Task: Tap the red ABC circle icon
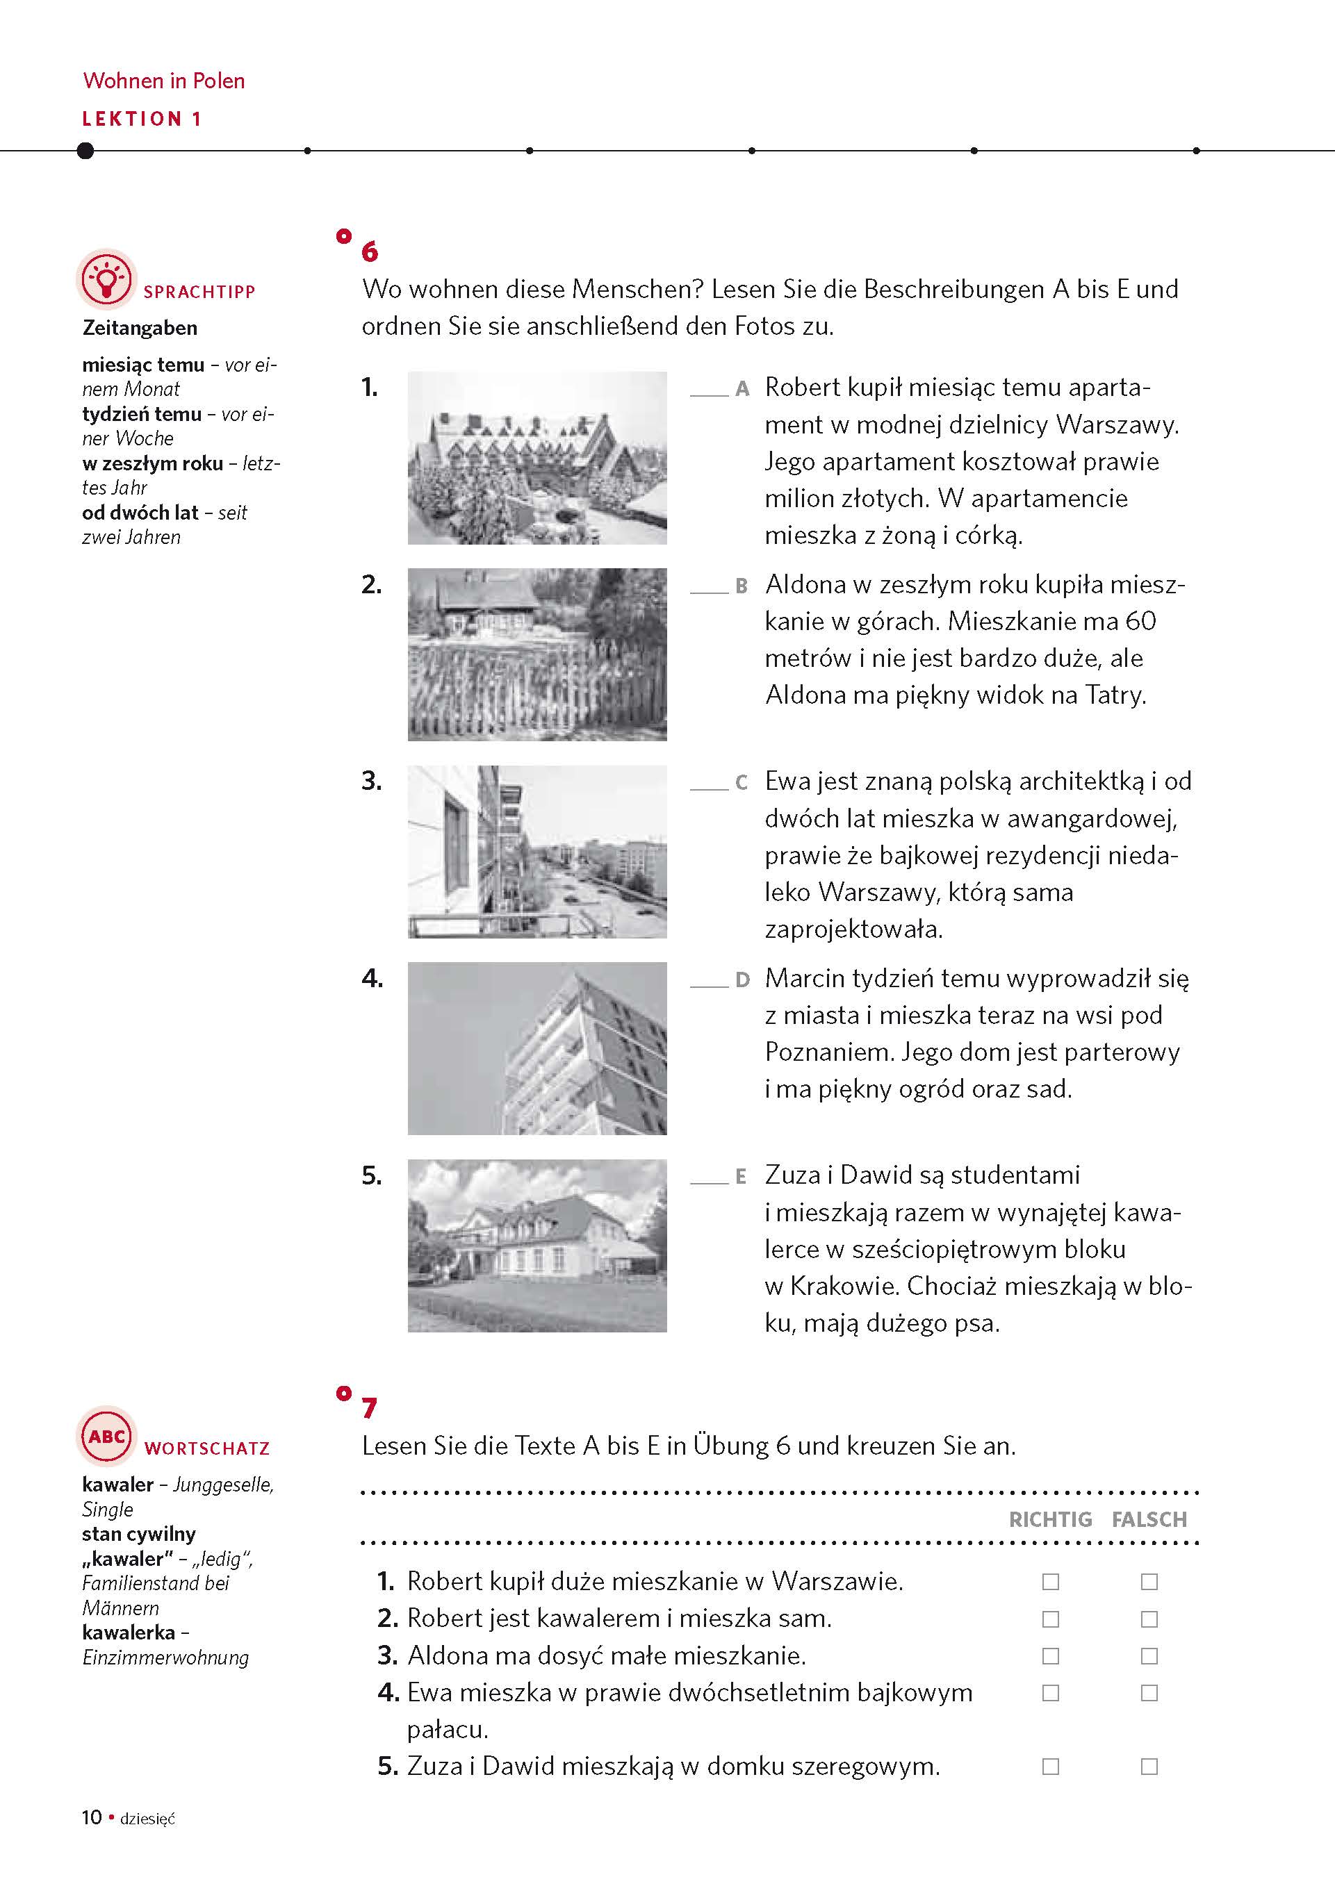tap(106, 1435)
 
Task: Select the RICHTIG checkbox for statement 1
tap(1050, 1581)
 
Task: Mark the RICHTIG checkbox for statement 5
tap(1050, 1766)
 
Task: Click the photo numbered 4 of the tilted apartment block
tap(537, 1048)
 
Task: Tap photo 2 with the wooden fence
tap(537, 654)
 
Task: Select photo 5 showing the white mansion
tap(537, 1246)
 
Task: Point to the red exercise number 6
tap(370, 251)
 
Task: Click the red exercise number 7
tap(370, 1408)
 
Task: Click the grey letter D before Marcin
tap(742, 980)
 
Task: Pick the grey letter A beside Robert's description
tap(742, 388)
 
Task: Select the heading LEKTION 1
tap(141, 119)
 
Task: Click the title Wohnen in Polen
tap(163, 81)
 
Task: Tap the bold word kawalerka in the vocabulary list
tap(129, 1632)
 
